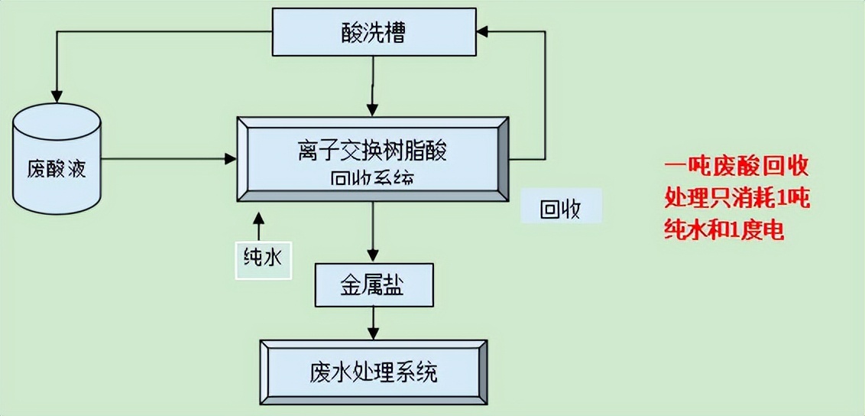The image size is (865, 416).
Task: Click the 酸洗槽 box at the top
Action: [373, 32]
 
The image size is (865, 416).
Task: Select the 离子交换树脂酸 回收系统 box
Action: [372, 159]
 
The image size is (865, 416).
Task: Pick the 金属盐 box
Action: [373, 286]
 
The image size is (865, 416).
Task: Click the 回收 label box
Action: [561, 208]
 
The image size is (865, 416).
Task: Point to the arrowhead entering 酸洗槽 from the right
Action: [484, 31]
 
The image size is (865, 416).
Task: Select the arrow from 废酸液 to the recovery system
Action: [168, 159]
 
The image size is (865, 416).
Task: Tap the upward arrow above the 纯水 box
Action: [258, 222]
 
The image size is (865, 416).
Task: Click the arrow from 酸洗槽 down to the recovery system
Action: [373, 84]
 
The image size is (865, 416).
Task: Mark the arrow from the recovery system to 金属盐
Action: [373, 233]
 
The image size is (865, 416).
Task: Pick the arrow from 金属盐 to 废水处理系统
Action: [373, 321]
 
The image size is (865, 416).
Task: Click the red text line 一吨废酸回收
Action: [736, 166]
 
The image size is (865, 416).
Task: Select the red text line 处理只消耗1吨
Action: [737, 198]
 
